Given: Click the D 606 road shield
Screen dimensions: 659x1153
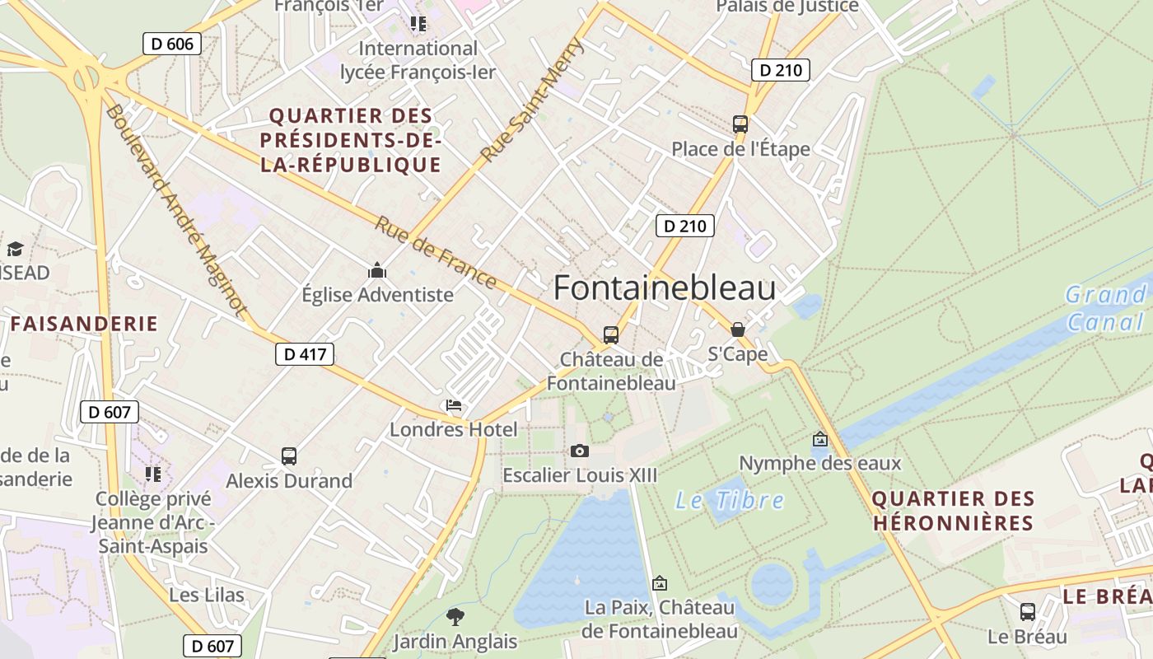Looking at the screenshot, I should [172, 44].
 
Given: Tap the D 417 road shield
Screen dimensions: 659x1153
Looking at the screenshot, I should [305, 355].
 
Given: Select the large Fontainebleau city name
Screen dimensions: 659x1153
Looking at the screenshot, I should [664, 288].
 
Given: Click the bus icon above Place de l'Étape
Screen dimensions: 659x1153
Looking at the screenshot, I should [740, 124].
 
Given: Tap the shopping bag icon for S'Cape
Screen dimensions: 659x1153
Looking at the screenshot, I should [737, 329].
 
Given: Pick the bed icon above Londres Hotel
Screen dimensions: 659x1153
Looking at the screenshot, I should [454, 405].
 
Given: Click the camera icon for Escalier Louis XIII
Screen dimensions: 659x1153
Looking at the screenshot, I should [580, 451].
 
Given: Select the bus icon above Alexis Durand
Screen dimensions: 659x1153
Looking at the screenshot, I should [288, 456].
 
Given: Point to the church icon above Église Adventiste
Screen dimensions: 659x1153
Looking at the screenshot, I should [377, 270].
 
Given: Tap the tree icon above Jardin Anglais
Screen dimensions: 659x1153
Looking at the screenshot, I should [455, 616].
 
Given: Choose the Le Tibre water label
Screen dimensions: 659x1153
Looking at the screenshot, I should [730, 500].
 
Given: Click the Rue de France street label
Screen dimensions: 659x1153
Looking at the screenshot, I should [436, 252].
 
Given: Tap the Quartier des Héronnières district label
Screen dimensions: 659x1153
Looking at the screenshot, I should [953, 511].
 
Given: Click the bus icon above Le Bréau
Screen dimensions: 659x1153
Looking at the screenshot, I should [1028, 612].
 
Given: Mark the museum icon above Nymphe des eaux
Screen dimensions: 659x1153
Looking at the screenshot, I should [819, 440].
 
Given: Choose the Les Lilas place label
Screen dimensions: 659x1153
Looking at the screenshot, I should [207, 595].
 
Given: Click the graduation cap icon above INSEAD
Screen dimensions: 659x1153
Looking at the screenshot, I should [15, 249].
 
